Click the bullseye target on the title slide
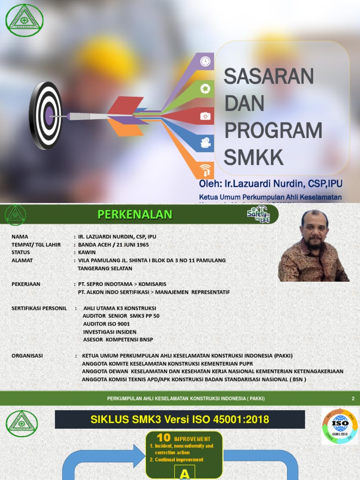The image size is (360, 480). pyautogui.click(x=46, y=115)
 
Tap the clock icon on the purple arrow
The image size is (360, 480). pyautogui.click(x=205, y=61)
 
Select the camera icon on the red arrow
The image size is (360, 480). pyautogui.click(x=205, y=116)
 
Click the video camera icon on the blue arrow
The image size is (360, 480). pyautogui.click(x=205, y=143)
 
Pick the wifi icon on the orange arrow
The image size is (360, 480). pyautogui.click(x=206, y=170)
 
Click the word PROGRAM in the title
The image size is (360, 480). pyautogui.click(x=273, y=130)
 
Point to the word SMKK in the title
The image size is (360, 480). pyautogui.click(x=254, y=157)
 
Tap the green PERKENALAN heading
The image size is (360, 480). pyautogui.click(x=135, y=215)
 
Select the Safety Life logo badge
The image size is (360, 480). pyautogui.click(x=259, y=214)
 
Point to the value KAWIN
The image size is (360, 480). pyautogui.click(x=87, y=253)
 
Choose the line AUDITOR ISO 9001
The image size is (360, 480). pyautogui.click(x=106, y=324)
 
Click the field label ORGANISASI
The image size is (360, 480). pyautogui.click(x=27, y=356)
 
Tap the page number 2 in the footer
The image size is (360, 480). pyautogui.click(x=353, y=398)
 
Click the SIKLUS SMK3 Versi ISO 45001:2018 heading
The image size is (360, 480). pyautogui.click(x=180, y=419)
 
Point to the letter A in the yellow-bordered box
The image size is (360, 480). pyautogui.click(x=185, y=474)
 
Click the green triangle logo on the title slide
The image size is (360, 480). pyautogui.click(x=24, y=20)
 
